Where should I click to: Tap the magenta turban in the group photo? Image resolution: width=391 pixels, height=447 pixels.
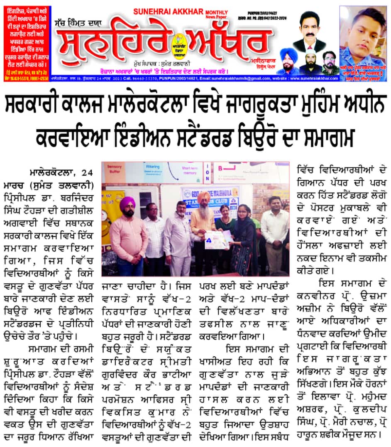pyautogui.click(x=127, y=203)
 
